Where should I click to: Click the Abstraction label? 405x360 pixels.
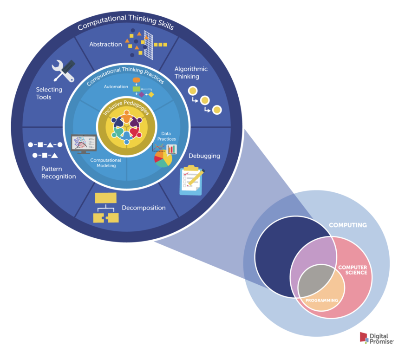[x=105, y=45]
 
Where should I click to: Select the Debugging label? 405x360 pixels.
[x=204, y=156]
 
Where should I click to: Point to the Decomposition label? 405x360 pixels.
[x=144, y=208]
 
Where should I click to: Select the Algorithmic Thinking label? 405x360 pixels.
[x=191, y=72]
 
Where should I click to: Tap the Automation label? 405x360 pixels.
[x=116, y=86]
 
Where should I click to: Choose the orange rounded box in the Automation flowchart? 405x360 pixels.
[x=137, y=80]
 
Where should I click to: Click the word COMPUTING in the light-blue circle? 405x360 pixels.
[x=348, y=225]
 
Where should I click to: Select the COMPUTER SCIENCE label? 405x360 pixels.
[x=353, y=270]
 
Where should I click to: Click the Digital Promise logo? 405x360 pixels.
[x=376, y=339]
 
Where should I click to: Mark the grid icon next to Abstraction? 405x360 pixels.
[x=149, y=44]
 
